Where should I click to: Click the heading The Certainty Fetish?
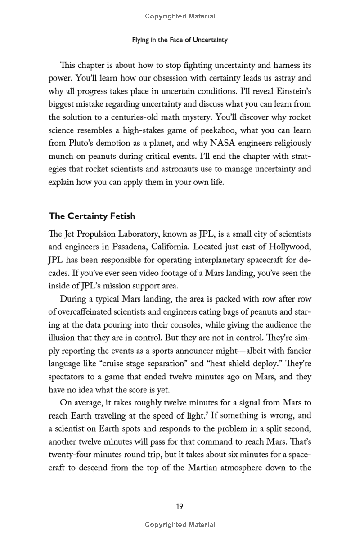(92, 216)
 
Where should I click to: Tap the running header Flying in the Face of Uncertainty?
(180, 40)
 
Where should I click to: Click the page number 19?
(180, 506)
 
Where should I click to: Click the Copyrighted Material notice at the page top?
(180, 16)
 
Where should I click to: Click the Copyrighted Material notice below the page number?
(180, 525)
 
